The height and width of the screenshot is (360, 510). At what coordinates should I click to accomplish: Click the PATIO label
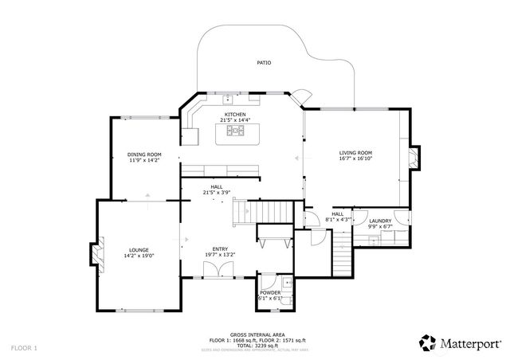point(263,62)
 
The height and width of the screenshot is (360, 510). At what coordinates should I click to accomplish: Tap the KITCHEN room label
point(235,115)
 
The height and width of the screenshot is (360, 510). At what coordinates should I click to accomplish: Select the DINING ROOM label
point(144,155)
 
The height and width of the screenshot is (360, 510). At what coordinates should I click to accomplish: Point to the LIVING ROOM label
point(355,153)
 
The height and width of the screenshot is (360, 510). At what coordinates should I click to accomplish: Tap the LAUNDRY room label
point(379,221)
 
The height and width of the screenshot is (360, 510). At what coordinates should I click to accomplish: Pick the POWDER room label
point(270,293)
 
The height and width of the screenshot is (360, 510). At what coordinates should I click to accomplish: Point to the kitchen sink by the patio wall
point(227,100)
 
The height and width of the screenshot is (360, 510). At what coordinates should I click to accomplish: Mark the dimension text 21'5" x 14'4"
point(235,120)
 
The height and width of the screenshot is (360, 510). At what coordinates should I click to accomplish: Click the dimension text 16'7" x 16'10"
point(355,158)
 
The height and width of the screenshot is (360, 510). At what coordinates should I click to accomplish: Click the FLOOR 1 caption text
point(24,348)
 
